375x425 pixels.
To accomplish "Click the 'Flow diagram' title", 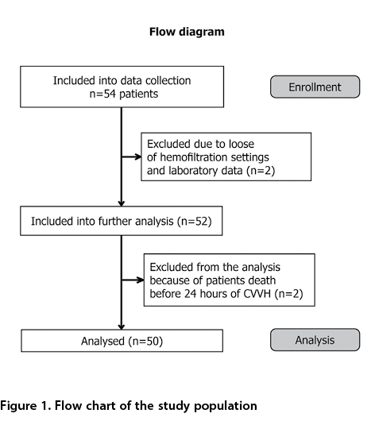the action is click(187, 32).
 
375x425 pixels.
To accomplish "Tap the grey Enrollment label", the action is click(315, 87).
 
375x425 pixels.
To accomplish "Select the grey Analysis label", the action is click(315, 340).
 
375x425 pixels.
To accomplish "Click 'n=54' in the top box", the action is click(102, 94).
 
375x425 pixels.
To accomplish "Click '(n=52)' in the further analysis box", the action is click(194, 221).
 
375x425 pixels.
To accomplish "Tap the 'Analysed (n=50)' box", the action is click(122, 341).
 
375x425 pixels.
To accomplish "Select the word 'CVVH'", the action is click(257, 294).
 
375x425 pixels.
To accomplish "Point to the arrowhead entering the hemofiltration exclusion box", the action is click(138, 156).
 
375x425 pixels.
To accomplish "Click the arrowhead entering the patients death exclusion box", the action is click(141, 280).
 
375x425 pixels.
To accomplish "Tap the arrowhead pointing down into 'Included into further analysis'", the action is click(122, 203).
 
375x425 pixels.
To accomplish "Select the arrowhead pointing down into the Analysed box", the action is click(122, 326).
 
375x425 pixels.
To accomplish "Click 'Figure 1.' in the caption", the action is click(25, 406).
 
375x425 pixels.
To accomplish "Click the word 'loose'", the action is click(242, 144).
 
